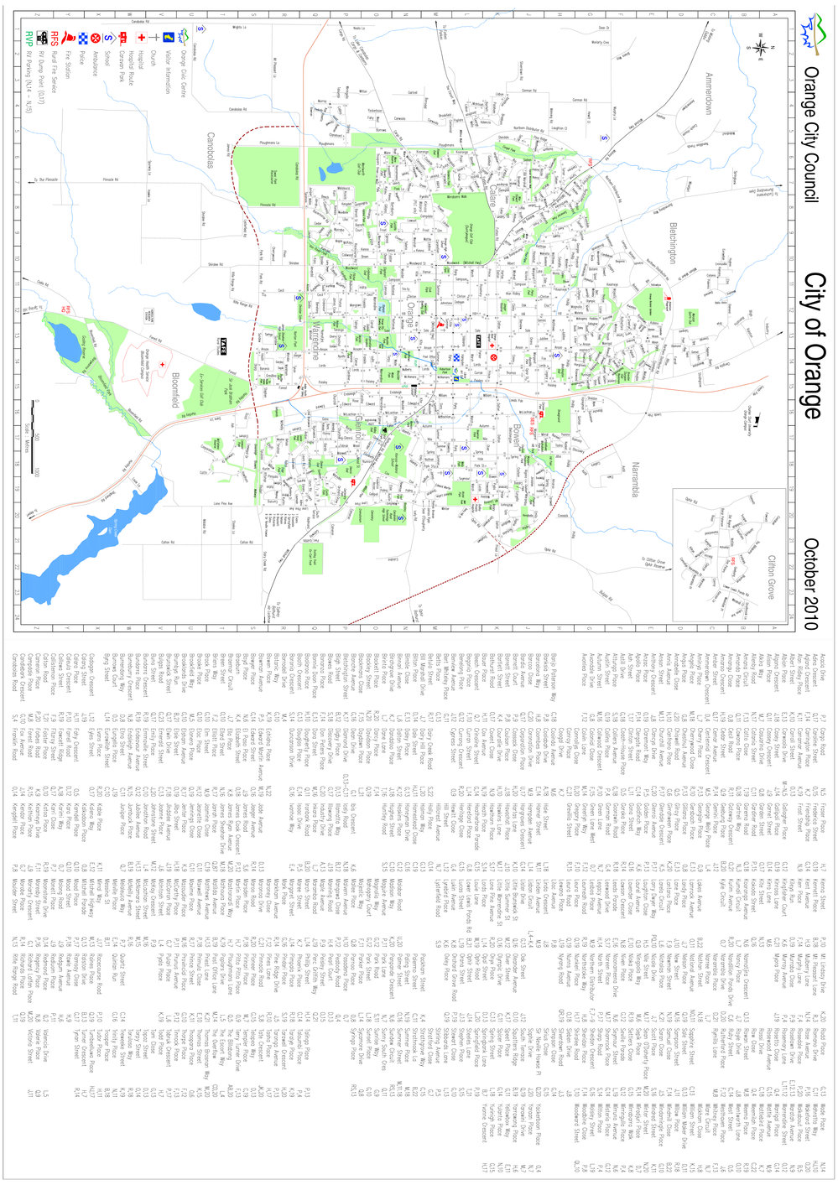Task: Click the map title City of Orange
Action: tap(812, 345)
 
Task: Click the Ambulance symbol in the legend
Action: tap(98, 36)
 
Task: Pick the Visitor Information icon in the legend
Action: tap(168, 36)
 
